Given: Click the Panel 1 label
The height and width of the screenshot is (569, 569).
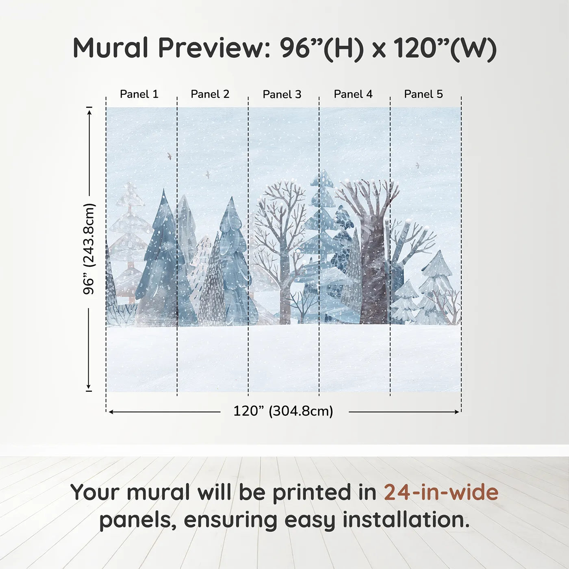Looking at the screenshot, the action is click(x=139, y=94).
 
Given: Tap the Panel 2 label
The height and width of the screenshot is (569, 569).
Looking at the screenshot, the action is click(x=210, y=94).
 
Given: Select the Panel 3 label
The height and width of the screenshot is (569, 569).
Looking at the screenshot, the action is click(x=282, y=94).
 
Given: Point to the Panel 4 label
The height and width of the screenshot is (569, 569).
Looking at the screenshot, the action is click(x=353, y=94).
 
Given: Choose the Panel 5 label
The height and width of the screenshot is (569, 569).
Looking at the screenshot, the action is click(x=423, y=94).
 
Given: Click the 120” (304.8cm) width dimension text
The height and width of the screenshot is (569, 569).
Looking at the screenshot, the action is click(x=283, y=411).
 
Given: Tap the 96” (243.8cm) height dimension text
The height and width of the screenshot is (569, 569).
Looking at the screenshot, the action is click(x=88, y=249).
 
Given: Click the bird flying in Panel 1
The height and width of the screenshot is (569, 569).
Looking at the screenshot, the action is click(x=169, y=156).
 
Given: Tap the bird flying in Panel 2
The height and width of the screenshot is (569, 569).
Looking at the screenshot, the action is click(x=208, y=174).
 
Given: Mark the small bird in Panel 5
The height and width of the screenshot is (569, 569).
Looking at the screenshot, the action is click(x=417, y=165).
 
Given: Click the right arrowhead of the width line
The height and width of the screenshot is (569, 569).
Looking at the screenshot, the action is click(x=457, y=412).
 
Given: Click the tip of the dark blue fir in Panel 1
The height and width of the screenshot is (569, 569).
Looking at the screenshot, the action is click(x=163, y=189).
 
